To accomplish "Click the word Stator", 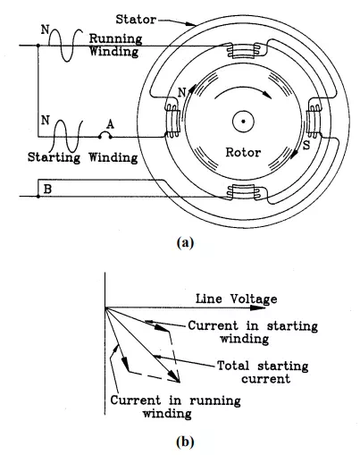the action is coord(136,20).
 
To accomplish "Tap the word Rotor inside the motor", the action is coord(243,152).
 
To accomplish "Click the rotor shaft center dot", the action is coord(243,122).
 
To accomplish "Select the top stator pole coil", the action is coord(243,50).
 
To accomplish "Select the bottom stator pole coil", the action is coord(243,191).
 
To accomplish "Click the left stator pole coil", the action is coord(172,121).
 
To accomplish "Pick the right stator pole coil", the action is coord(314,121).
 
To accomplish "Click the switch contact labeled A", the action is coord(105,135).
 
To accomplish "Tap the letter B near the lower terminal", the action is coord(47,189).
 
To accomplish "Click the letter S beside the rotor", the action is coord(306,145).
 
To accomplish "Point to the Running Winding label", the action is coord(115,45).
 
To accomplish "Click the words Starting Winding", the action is coord(83,157).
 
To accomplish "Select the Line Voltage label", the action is coord(236,299).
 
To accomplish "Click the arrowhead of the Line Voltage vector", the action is coord(258,308).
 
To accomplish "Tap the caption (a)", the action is coord(185,242).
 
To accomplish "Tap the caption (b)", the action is coord(185,442).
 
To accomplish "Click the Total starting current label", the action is coord(263,372).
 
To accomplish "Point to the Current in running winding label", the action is coord(176,407).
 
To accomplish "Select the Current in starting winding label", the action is coord(253,332).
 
